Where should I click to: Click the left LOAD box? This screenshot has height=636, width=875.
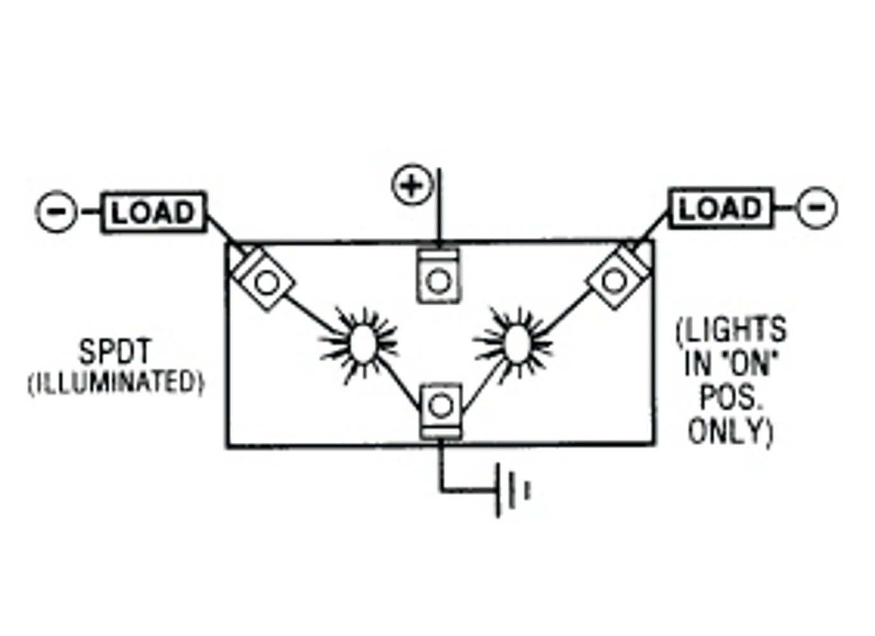tap(153, 212)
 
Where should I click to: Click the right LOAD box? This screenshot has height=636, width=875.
tap(720, 208)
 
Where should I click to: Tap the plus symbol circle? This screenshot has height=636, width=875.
tap(412, 184)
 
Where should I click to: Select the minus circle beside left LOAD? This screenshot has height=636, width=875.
tap(57, 212)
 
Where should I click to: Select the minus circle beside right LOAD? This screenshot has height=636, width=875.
tap(816, 208)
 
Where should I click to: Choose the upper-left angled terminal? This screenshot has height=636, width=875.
tap(263, 278)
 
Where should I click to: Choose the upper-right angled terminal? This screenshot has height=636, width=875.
tap(618, 277)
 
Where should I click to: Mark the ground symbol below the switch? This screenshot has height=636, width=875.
tap(508, 491)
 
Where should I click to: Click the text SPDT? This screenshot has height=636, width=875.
tap(115, 351)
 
